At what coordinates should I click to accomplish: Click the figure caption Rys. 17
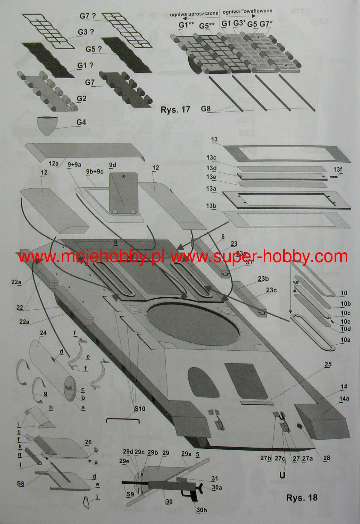pos(175,109)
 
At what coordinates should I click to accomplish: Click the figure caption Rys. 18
pos(302,498)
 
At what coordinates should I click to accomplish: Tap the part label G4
pos(81,122)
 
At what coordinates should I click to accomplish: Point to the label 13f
pos(338,170)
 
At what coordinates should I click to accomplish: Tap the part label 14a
pos(344,399)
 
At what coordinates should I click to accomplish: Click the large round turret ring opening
pos(194,324)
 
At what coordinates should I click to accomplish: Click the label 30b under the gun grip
pos(202,510)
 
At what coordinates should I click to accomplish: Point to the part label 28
pos(327,458)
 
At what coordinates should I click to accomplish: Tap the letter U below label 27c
pos(282,475)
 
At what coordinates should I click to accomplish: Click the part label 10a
pos(345,340)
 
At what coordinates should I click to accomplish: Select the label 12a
pos(54,164)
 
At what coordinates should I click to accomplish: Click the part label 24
pos(43,333)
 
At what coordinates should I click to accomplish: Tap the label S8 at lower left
pos(21,484)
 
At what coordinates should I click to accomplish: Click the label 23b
pos(263,279)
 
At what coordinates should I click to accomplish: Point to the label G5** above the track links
pos(207,26)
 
